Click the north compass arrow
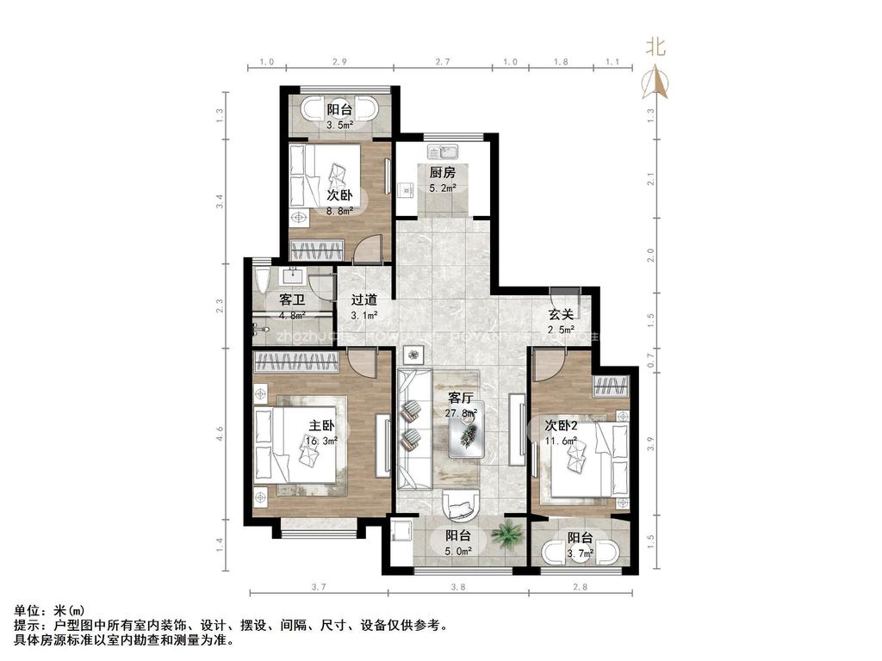(656, 81)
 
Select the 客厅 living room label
(462, 398)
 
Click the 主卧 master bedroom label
(321, 426)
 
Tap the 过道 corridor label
(363, 300)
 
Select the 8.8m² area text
(339, 211)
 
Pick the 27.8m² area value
(463, 413)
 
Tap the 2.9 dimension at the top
(339, 62)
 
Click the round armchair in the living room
(462, 505)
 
